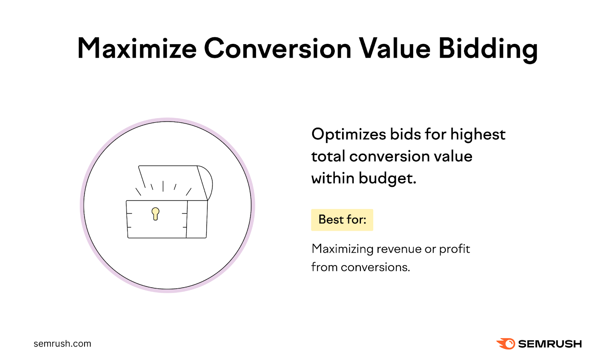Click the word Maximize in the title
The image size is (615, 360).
pyautogui.click(x=137, y=49)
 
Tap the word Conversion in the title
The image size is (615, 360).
pyautogui.click(x=277, y=49)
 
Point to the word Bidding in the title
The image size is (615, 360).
pyautogui.click(x=488, y=49)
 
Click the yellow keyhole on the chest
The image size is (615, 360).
pyautogui.click(x=155, y=213)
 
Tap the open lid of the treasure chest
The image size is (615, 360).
pyautogui.click(x=169, y=177)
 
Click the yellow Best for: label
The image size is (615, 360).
pyautogui.click(x=342, y=220)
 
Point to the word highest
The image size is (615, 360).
pyautogui.click(x=477, y=135)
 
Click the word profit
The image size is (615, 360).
pyautogui.click(x=454, y=249)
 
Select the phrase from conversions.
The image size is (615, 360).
pyautogui.click(x=360, y=267)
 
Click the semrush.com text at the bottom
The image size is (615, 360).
pyautogui.click(x=62, y=343)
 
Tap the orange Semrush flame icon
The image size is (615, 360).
pyautogui.click(x=506, y=343)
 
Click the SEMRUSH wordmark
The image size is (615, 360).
pyautogui.click(x=550, y=343)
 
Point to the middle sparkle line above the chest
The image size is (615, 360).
pyautogui.click(x=163, y=186)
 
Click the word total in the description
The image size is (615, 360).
pyautogui.click(x=328, y=157)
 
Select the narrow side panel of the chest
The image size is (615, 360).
pyautogui.click(x=197, y=219)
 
